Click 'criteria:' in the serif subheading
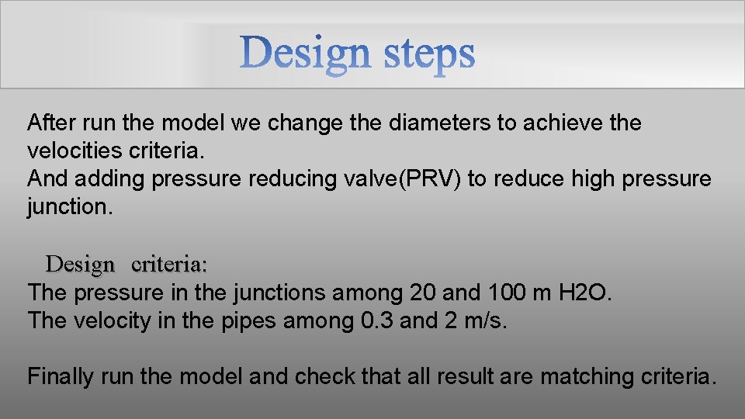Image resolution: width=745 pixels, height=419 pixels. (169, 264)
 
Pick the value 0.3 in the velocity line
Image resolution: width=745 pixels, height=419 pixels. (381, 320)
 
